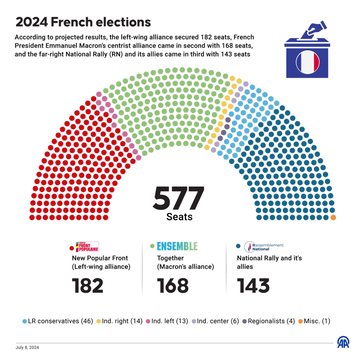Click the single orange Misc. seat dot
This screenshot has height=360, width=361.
pos(333,218)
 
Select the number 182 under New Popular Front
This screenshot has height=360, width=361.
pos(88,286)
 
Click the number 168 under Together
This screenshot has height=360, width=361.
pos(173,286)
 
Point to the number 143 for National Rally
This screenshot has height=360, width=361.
pos(253,286)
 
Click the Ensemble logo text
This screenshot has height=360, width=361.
pos(177,246)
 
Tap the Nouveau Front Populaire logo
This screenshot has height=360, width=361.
pos(87,246)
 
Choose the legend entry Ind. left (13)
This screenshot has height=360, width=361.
pos(167,321)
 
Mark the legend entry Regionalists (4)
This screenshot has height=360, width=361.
pos(268,321)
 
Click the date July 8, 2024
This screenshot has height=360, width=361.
pos(27,347)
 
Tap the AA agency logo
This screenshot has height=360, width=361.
pos(343,342)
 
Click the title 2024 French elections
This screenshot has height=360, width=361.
pos(83,22)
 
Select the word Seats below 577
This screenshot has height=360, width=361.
pos(179,216)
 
